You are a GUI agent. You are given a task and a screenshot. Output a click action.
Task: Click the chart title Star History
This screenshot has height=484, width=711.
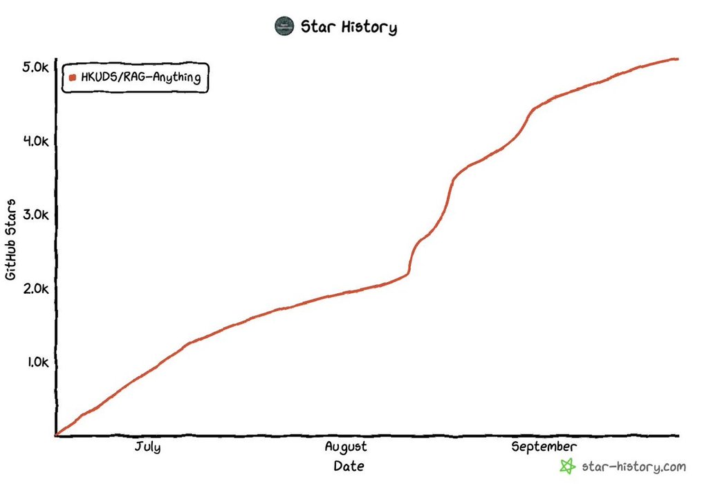point(348,28)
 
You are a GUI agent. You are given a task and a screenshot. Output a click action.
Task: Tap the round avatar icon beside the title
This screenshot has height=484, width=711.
point(284,27)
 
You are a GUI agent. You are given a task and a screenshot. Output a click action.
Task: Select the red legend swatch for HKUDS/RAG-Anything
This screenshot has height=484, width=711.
point(73,78)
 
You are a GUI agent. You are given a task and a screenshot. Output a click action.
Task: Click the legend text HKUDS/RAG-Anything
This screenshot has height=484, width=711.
point(140,78)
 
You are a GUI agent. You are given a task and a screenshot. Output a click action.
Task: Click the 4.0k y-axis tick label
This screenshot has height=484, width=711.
point(35,141)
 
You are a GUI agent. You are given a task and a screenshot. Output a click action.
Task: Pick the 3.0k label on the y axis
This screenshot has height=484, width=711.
point(35,214)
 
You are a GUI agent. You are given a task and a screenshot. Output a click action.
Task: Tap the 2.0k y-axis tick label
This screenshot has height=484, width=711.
point(35,288)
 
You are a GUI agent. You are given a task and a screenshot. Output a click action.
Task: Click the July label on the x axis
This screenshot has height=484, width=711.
point(147,447)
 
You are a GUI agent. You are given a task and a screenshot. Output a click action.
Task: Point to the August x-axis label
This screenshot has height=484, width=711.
point(346,447)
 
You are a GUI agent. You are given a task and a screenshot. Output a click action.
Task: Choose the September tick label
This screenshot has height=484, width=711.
point(544,447)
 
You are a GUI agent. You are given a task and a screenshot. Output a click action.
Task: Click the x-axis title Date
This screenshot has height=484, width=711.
point(349,466)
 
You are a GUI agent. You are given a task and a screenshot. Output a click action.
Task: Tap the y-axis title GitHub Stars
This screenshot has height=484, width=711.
point(11,239)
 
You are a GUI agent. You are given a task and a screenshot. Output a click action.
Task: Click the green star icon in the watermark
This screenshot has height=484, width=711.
point(567,466)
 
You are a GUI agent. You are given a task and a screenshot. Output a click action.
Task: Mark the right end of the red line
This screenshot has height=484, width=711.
point(678,59)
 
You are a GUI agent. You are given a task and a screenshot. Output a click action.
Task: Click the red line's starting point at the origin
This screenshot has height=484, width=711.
point(56,435)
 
